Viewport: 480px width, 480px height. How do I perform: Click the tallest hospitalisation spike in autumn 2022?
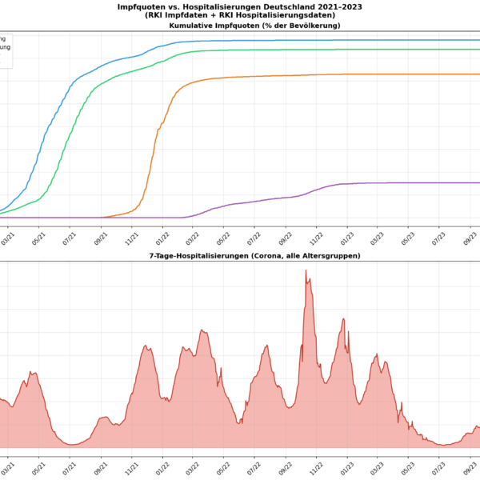point(306,271)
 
